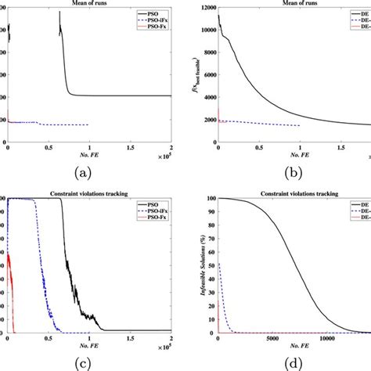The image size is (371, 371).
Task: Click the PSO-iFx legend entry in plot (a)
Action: click(x=149, y=22)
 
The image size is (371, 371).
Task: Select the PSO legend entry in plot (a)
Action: click(x=146, y=14)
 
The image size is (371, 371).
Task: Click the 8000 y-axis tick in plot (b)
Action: click(x=206, y=53)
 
